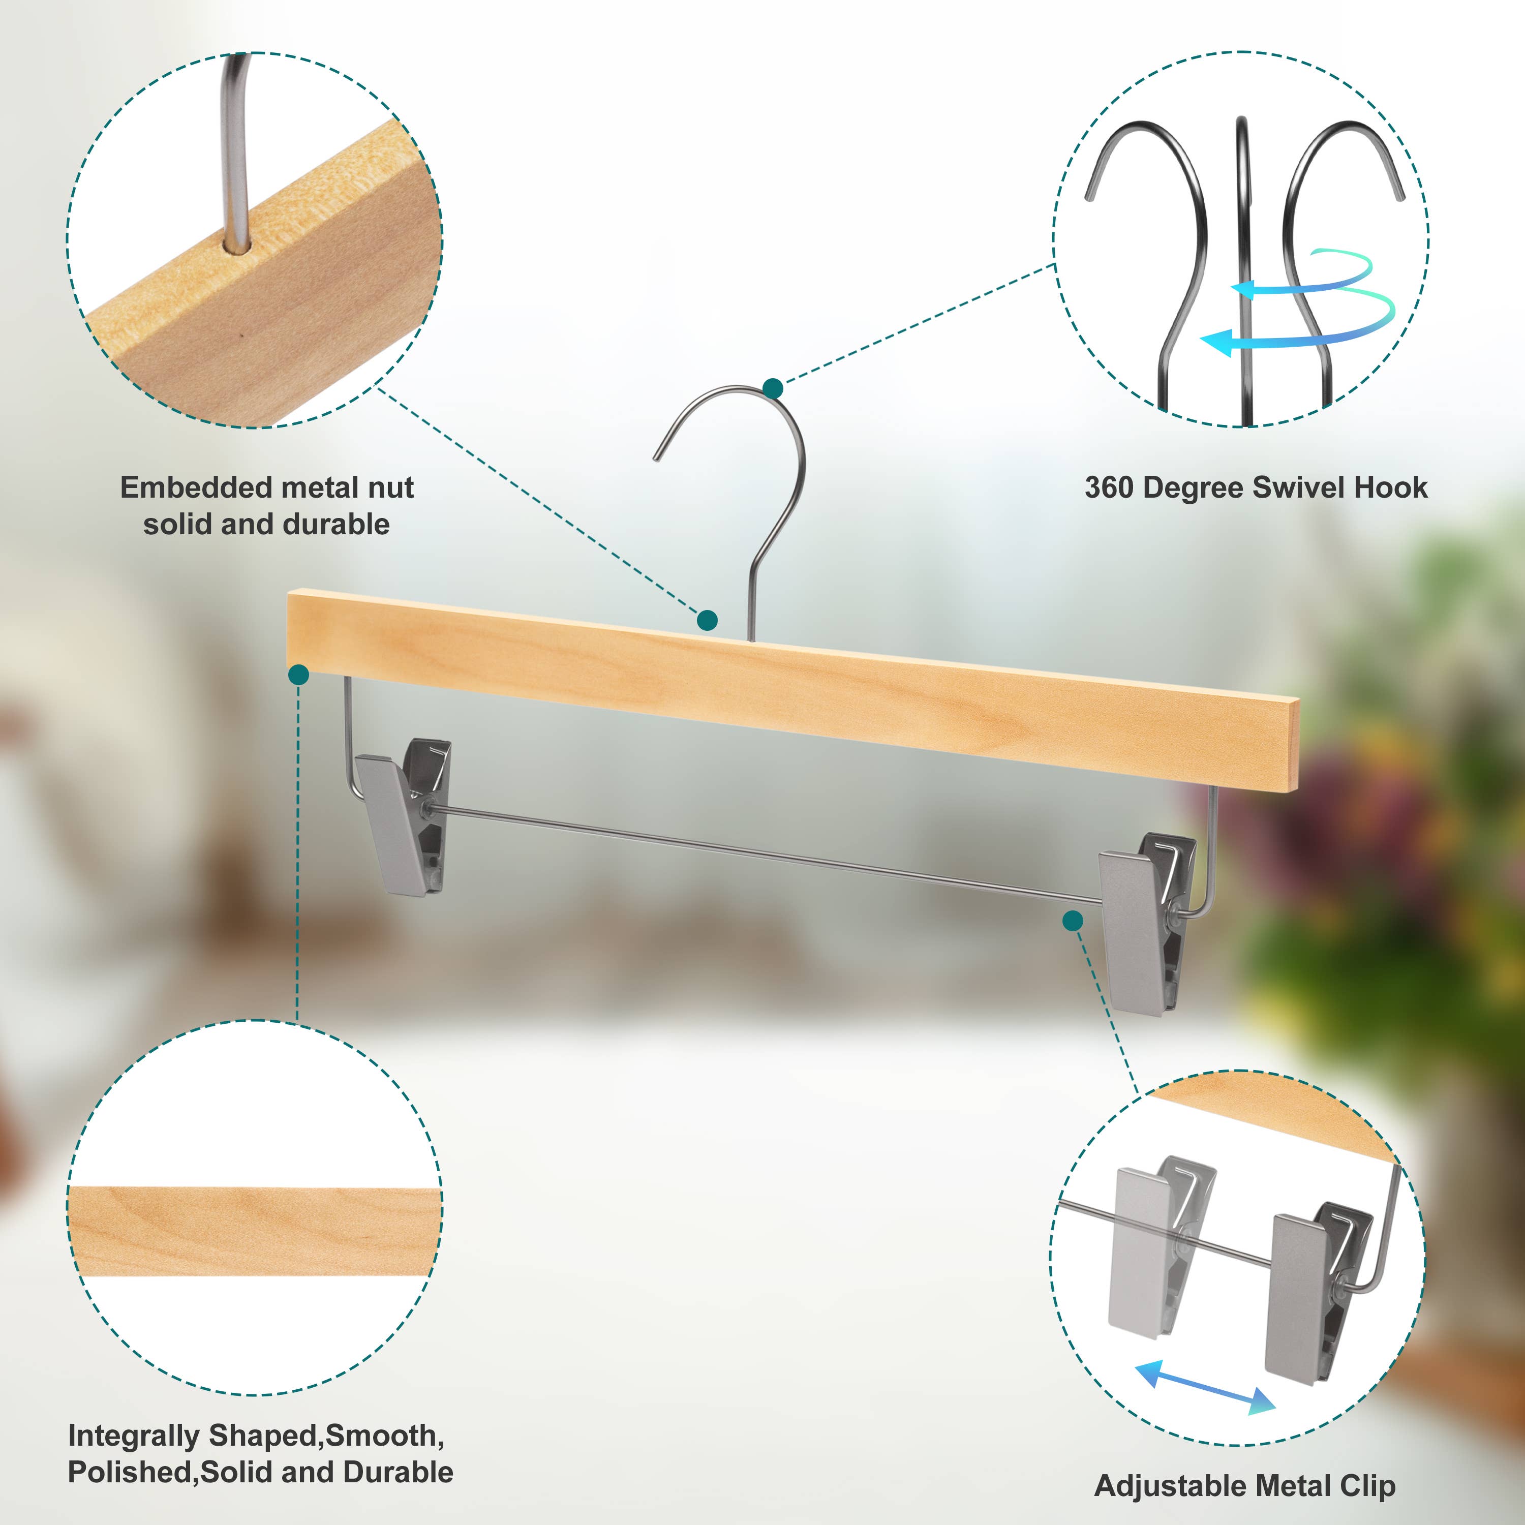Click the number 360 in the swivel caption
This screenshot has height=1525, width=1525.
1109,488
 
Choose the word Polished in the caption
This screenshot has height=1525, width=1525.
131,1472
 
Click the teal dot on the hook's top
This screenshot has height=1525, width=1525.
773,388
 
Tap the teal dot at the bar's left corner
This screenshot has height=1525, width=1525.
298,674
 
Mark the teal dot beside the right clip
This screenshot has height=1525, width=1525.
1073,921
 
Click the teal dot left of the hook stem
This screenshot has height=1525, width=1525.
707,620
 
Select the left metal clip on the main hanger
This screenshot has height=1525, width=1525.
403,816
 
